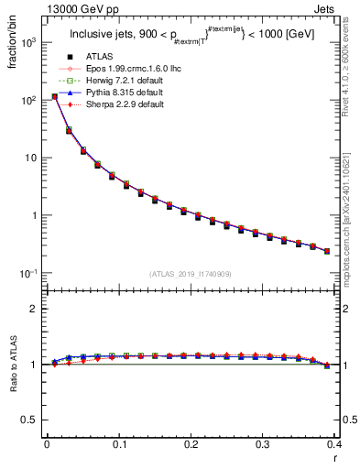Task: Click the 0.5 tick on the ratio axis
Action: click(31, 420)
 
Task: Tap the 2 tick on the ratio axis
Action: click(34, 309)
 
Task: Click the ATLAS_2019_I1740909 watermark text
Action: click(191, 274)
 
